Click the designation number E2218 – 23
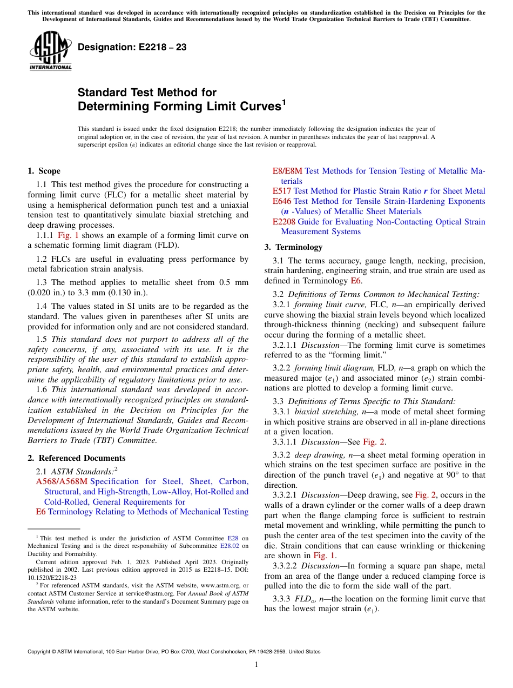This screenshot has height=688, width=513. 132,48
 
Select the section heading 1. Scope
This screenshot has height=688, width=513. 44,171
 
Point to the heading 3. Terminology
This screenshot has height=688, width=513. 293,247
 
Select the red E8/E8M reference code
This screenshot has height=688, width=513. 287,171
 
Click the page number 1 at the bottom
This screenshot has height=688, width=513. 256,665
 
